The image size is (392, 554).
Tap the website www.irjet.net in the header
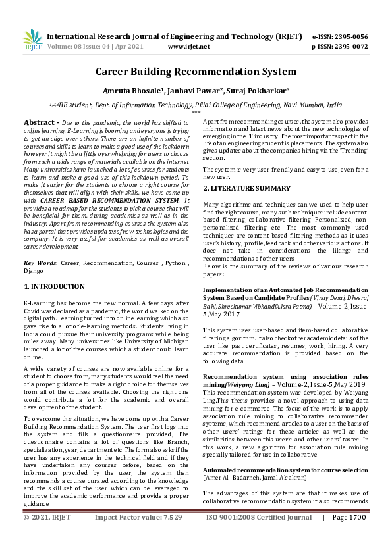(x=189, y=47)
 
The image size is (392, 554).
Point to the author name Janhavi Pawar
(x=188, y=89)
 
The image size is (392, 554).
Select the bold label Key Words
(x=40, y=263)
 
